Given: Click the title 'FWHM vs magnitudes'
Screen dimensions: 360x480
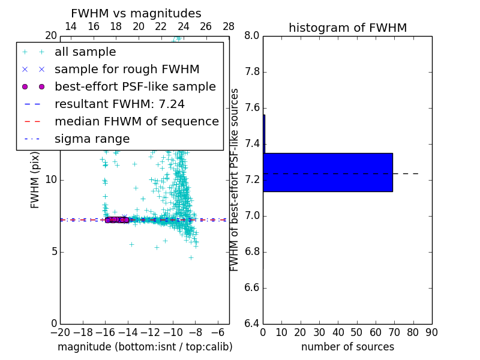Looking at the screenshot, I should coord(136,13).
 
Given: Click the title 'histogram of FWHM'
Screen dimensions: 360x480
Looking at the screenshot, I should coord(347,28).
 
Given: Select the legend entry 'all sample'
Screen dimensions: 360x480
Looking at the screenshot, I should coord(85,52).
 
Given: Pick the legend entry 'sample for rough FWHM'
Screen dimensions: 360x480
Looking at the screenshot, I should coord(127,70).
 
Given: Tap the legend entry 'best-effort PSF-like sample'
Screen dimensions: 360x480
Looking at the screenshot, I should coord(135,86).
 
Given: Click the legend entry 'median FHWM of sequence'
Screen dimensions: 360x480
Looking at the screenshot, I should coord(136,121).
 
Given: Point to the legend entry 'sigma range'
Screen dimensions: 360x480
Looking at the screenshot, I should coord(92,139).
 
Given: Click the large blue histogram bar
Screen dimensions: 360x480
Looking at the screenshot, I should coord(328,172).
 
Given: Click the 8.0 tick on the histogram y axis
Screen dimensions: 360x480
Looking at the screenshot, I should coord(252,36).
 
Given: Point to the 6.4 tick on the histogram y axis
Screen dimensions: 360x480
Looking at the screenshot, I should coord(252,324).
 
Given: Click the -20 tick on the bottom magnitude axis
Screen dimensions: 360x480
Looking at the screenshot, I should coord(60,332).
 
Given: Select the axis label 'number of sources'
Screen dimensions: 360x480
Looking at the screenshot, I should coord(347,347).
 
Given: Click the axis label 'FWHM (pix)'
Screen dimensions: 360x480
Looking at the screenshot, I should coord(35,179).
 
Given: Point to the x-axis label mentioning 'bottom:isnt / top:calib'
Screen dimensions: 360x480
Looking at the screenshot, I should coord(145,347).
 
